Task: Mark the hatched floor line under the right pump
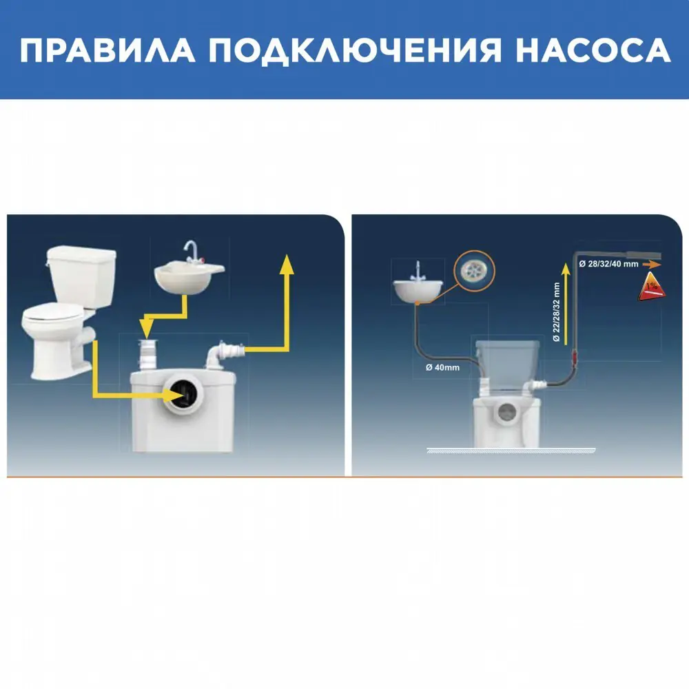click(510, 451)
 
